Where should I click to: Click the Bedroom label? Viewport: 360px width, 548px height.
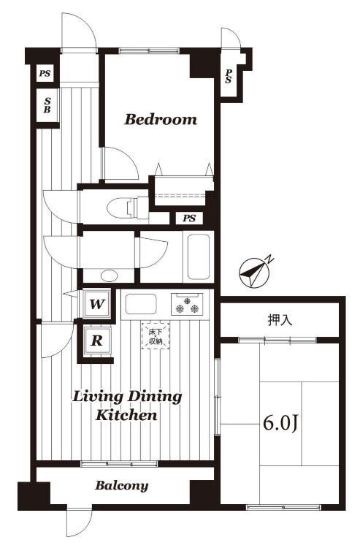coord(161,120)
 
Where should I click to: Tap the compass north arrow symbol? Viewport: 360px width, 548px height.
coord(254,273)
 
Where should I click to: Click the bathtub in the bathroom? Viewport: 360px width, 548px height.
coord(199,256)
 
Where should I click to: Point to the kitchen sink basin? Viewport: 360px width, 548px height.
coord(141,304)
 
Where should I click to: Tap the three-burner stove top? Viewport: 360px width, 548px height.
coord(187,304)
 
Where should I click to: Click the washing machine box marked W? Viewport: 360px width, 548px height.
coord(96,304)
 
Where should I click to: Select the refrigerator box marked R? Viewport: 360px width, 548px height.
coord(96,340)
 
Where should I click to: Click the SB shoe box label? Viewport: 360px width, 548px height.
coord(47,105)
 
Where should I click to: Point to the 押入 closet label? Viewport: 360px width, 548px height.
coord(280,320)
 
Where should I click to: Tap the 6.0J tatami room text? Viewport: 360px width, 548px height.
coord(280,423)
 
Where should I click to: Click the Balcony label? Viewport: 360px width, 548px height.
coord(122,485)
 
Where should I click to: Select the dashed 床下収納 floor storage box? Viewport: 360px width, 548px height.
coord(156,335)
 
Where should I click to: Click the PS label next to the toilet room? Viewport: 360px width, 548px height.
coord(189,218)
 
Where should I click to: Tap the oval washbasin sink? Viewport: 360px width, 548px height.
coord(109,275)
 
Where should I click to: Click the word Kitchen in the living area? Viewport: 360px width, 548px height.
coord(126,415)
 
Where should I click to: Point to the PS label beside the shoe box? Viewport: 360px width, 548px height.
coord(45,73)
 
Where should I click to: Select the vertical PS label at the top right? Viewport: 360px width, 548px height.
coord(229,76)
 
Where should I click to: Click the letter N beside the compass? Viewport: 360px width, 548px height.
coord(269,259)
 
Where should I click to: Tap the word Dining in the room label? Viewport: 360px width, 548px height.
coord(155,397)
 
